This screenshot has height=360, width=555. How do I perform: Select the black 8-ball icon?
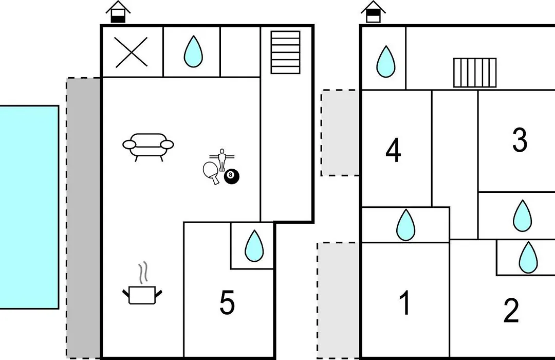231,176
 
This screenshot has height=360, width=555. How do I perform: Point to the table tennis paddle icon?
211,173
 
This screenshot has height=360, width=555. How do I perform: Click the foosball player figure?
223,160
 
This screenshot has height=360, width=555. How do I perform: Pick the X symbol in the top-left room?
132,52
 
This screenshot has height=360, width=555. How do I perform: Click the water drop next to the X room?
193,51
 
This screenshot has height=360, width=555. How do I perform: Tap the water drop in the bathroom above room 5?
254,246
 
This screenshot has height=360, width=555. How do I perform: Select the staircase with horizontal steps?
285,52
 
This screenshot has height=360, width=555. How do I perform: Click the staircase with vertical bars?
475,73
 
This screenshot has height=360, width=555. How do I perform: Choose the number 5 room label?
227,302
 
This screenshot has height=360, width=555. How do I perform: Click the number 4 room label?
393,151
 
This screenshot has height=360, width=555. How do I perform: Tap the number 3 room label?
520,140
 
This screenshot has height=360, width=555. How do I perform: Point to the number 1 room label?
404,302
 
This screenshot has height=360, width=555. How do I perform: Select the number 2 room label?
511,311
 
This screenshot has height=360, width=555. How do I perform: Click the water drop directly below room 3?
523,216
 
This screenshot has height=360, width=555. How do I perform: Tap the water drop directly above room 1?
405,225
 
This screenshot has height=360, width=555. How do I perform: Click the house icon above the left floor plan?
118,12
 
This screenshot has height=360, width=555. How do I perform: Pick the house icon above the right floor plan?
373,12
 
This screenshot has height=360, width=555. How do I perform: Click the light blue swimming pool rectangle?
29,207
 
